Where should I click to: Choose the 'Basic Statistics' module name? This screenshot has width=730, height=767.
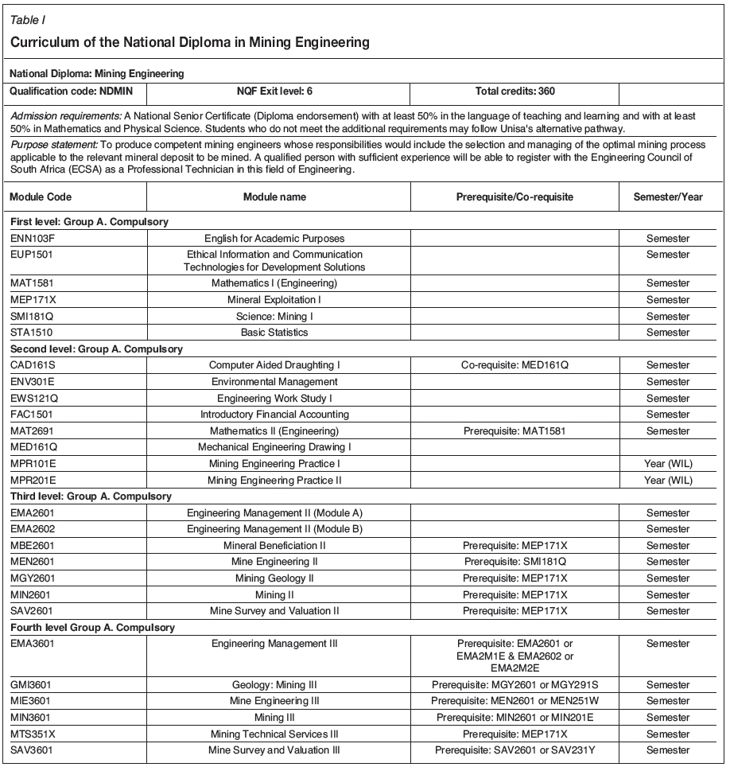(274, 332)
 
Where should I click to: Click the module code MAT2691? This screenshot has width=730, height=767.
(33, 430)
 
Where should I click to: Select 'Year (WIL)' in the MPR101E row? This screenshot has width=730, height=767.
(668, 463)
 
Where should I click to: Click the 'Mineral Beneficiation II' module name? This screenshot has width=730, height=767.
(274, 545)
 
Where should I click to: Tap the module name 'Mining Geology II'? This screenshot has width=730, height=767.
(274, 578)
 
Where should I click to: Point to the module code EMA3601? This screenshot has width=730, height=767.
(33, 642)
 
